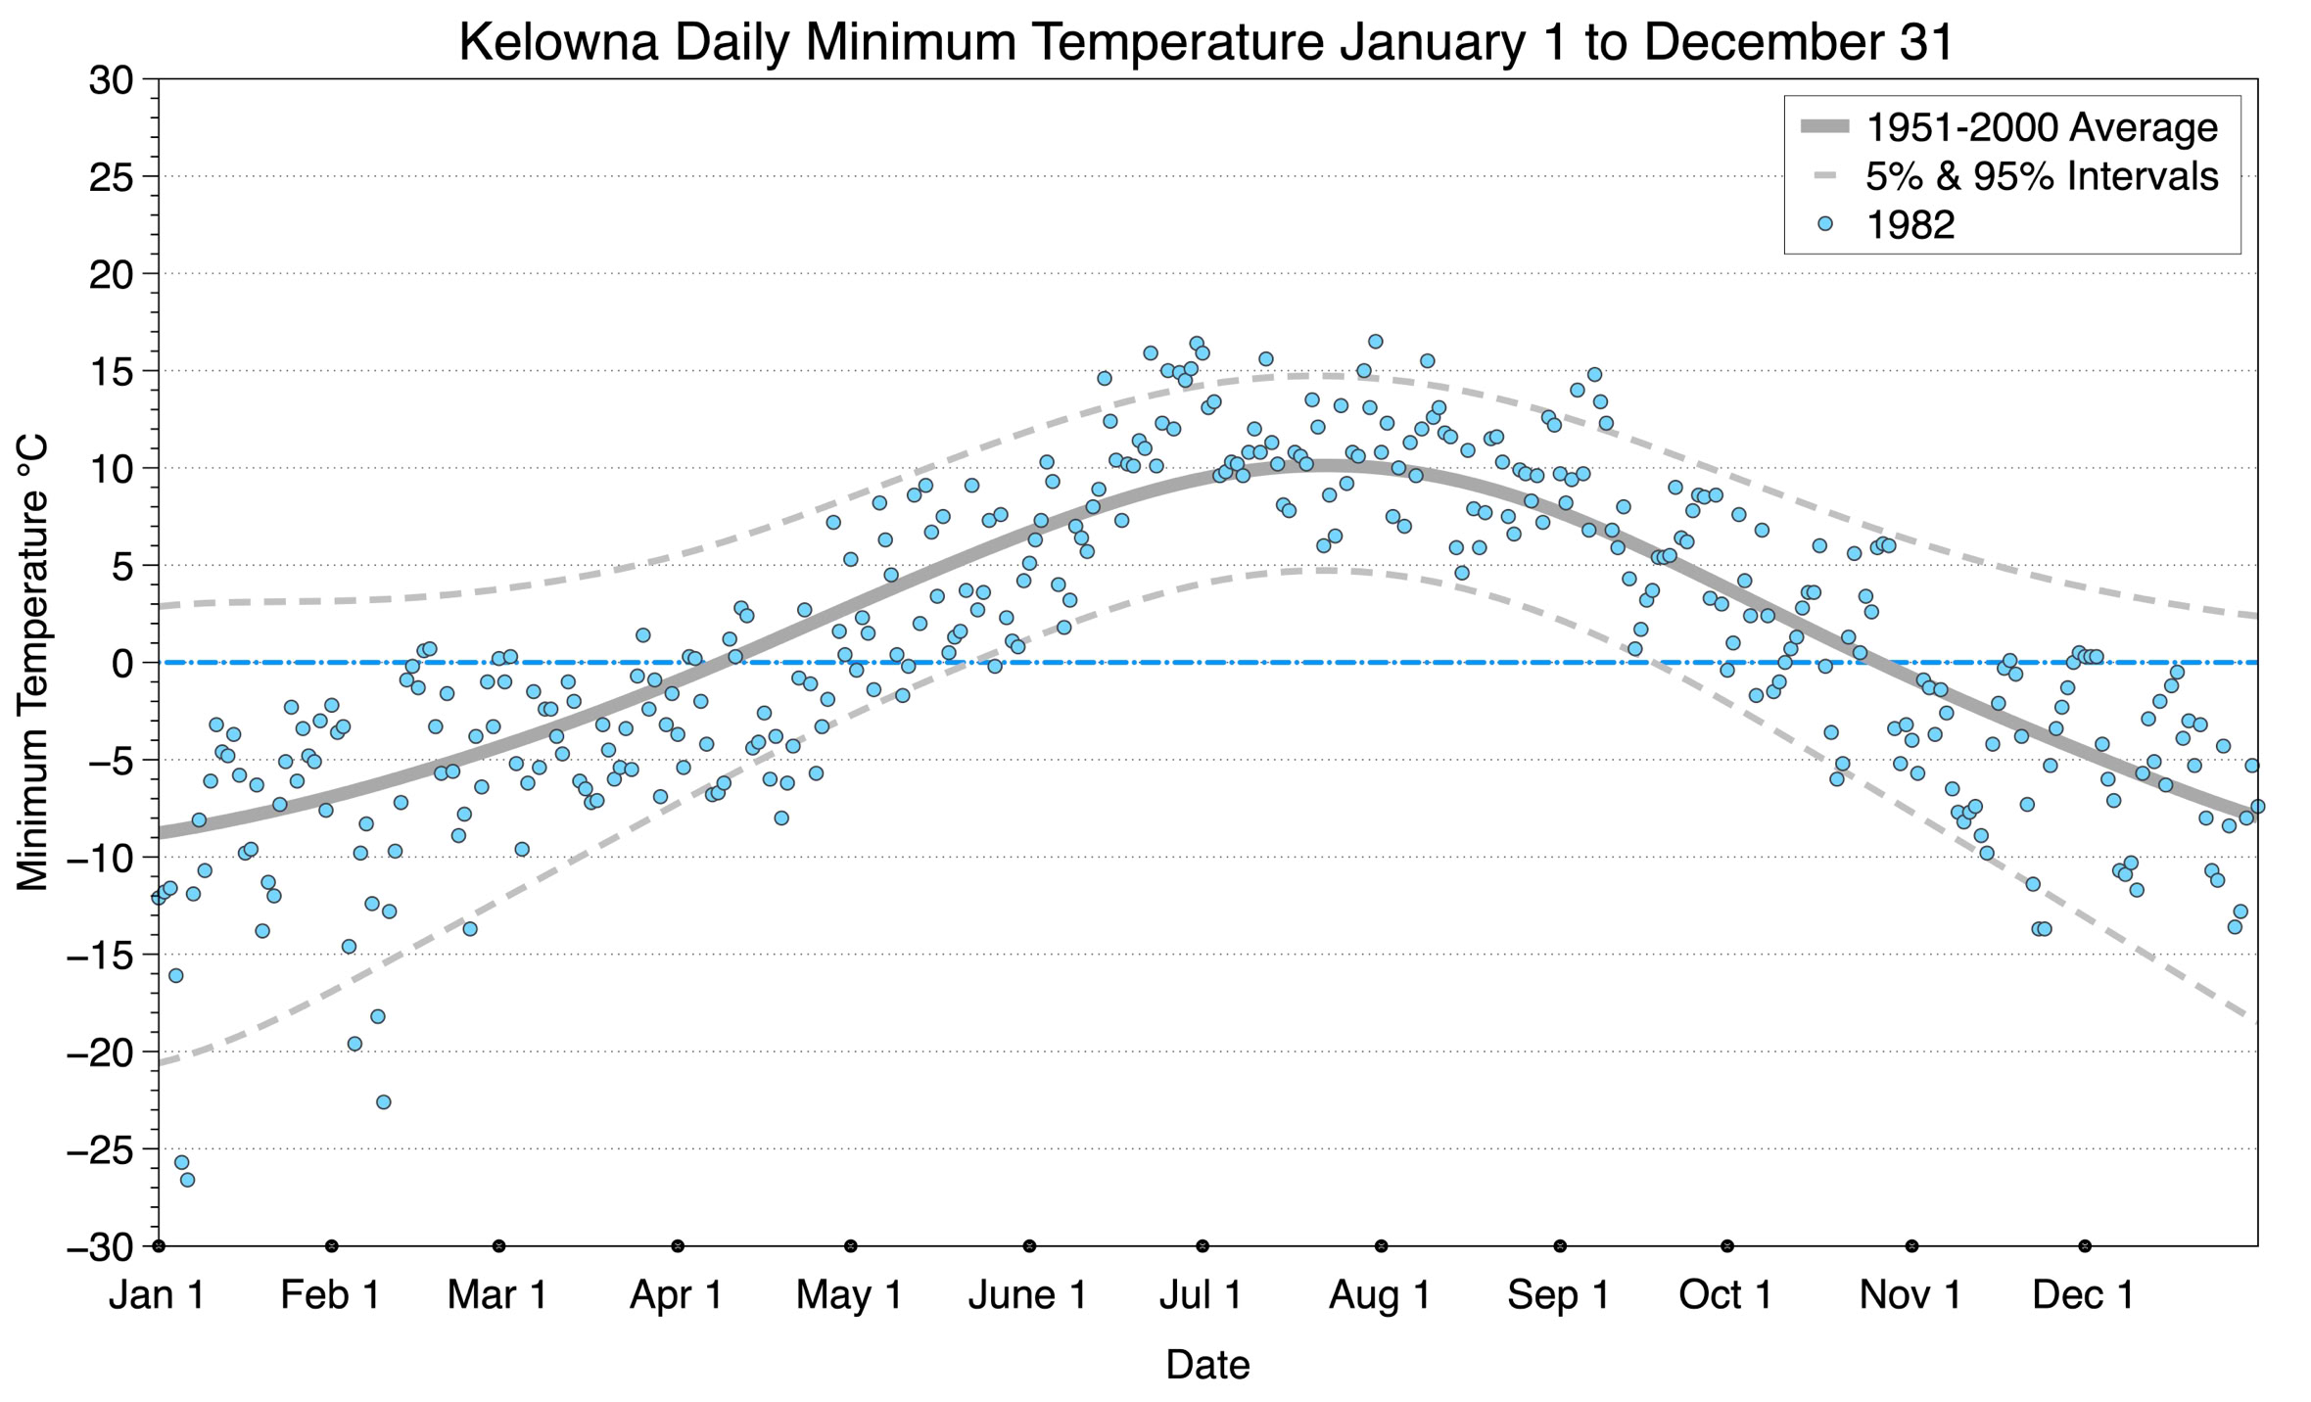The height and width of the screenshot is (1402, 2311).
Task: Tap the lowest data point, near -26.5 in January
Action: (187, 1180)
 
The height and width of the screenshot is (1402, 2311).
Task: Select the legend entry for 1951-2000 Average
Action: (2042, 127)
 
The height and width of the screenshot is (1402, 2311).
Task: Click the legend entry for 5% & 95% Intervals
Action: (2042, 176)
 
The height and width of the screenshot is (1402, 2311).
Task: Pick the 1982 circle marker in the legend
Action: (1824, 224)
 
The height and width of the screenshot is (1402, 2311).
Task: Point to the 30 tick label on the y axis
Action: (111, 80)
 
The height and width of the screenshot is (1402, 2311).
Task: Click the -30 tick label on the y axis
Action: (99, 1247)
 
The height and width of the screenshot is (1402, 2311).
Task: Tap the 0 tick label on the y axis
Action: (122, 664)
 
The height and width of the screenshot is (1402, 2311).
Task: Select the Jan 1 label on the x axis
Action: (157, 1295)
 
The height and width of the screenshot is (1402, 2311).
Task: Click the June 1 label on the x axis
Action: (1027, 1295)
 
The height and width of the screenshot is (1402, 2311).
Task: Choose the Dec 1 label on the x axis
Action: (2083, 1295)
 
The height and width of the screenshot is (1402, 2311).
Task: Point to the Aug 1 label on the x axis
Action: (1379, 1295)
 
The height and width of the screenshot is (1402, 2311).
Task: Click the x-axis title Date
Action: (1206, 1365)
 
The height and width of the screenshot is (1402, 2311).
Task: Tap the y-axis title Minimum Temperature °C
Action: (32, 663)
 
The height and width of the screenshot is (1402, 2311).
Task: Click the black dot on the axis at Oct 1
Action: (1727, 1246)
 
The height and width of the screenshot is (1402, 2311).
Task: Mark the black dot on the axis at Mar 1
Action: (499, 1246)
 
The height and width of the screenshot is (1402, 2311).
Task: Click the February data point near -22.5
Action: (384, 1102)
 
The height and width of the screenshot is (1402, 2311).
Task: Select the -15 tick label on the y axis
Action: (99, 956)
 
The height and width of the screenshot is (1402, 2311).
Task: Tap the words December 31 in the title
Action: (1799, 43)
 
